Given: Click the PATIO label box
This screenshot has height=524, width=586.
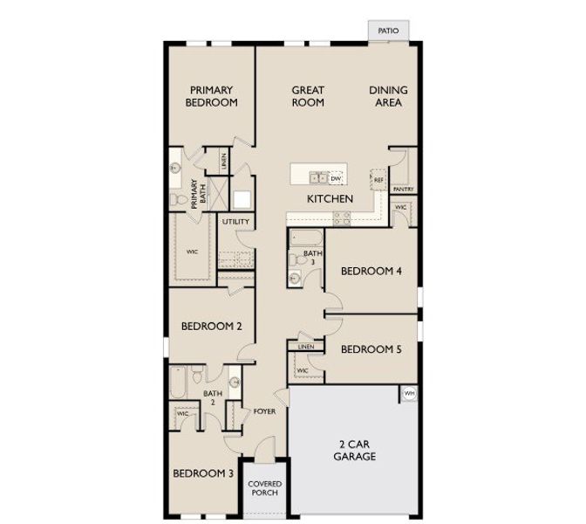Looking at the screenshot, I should [x=388, y=31].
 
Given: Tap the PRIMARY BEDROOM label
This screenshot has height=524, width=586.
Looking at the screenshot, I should [x=214, y=96].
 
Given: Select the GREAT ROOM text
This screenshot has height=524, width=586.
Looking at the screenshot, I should [x=308, y=96].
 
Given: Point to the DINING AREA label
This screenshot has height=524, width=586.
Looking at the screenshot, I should [x=388, y=96].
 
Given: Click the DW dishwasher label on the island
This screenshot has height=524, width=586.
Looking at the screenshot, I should [x=335, y=178].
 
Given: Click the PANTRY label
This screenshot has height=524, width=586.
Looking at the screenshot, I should [x=403, y=189].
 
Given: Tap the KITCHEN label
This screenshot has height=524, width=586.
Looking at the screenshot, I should [x=330, y=199].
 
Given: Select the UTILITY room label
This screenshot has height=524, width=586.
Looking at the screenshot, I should [x=235, y=222].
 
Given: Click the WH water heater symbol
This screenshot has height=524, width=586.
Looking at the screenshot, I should [x=408, y=394].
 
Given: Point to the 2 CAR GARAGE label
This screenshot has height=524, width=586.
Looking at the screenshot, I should [x=356, y=450].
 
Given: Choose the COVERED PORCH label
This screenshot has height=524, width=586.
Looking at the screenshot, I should [x=264, y=488].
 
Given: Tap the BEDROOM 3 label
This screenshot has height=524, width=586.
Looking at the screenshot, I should [x=202, y=473].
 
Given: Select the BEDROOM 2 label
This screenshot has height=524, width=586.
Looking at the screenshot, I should [x=211, y=327].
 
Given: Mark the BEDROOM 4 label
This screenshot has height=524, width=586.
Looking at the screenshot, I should [x=371, y=271].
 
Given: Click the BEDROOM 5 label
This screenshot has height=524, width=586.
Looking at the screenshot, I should [x=371, y=349].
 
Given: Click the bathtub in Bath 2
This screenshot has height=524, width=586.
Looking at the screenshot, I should [x=178, y=382].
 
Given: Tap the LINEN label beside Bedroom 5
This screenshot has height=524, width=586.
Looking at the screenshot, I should [x=305, y=348].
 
